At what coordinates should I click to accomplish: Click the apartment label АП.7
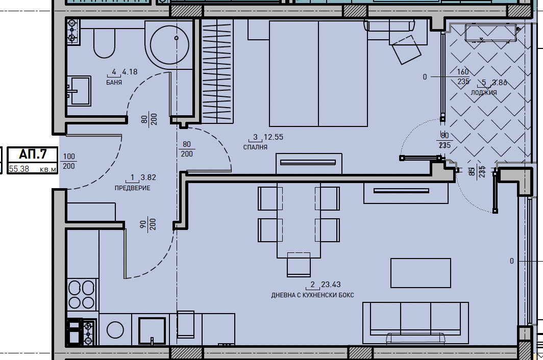pyautogui.click(x=33, y=154)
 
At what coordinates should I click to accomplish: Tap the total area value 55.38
pyautogui.click(x=20, y=169)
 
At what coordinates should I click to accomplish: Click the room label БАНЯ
pyautogui.click(x=114, y=82)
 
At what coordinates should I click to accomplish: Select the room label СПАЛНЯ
pyautogui.click(x=255, y=147)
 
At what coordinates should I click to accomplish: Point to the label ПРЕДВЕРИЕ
pyautogui.click(x=132, y=188)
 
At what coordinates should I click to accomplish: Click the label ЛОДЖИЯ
pyautogui.click(x=483, y=93)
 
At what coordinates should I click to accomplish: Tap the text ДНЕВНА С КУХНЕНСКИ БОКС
pyautogui.click(x=312, y=295)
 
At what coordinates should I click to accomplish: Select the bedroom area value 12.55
pyautogui.click(x=273, y=137)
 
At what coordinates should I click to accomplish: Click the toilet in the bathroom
pyautogui.click(x=105, y=43)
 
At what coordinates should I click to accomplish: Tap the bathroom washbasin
pyautogui.click(x=80, y=91)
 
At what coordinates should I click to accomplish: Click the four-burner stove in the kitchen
pyautogui.click(x=82, y=295)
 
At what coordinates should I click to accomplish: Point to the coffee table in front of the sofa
pyautogui.click(x=421, y=273)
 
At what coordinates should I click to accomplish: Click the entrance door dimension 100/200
pyautogui.click(x=68, y=161)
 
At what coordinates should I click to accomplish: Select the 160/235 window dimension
pyautogui.click(x=462, y=76)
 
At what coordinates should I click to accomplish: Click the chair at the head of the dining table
pyautogui.click(x=299, y=264)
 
